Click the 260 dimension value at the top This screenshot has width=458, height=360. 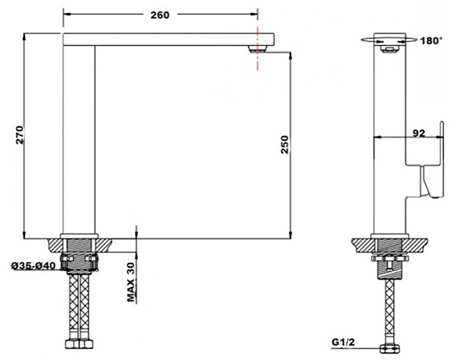160,15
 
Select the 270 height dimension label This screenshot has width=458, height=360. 19,135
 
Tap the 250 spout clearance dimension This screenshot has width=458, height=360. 285,145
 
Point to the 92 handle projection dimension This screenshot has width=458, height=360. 419,133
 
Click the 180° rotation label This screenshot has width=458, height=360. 431,41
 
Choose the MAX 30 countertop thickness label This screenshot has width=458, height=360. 131,282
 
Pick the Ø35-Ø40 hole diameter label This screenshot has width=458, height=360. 33,266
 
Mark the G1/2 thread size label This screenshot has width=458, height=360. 343,342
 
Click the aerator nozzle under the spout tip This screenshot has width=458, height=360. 258,49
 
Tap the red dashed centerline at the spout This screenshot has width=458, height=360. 258,48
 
